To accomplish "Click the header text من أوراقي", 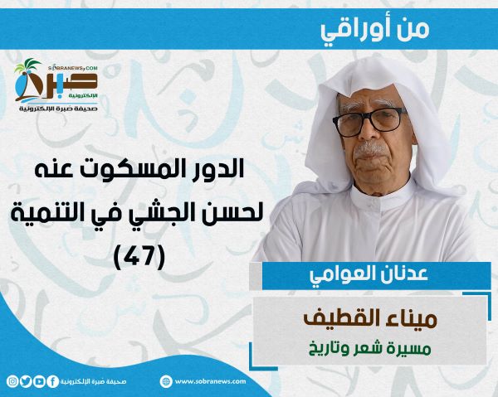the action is point(375,30).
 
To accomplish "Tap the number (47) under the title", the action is point(139,257).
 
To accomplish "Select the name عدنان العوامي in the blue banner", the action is point(369,274).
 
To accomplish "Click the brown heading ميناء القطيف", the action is point(370,319).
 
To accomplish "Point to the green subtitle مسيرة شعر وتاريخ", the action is point(370,349).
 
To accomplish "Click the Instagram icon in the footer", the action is point(12,381).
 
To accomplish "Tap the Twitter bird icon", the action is point(26,381).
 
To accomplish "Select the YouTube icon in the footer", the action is point(39,381).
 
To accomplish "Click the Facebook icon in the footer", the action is point(53,381).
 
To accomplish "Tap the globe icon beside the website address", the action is point(166,381).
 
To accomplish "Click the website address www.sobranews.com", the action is point(210,381).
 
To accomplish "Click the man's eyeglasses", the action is point(369,122).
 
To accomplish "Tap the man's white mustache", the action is point(371,150).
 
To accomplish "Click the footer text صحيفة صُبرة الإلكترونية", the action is point(93,381).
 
